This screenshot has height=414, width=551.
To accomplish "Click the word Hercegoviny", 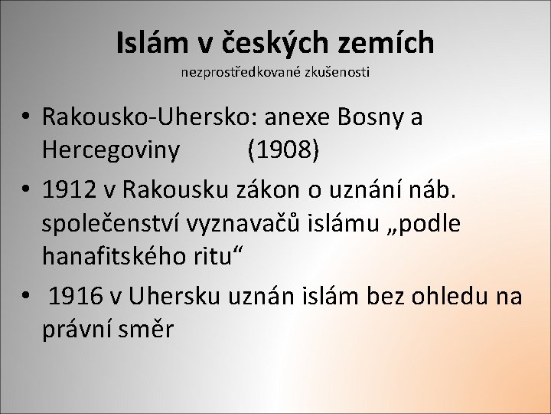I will [112, 149].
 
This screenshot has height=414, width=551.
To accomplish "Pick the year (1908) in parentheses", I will [284, 149].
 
